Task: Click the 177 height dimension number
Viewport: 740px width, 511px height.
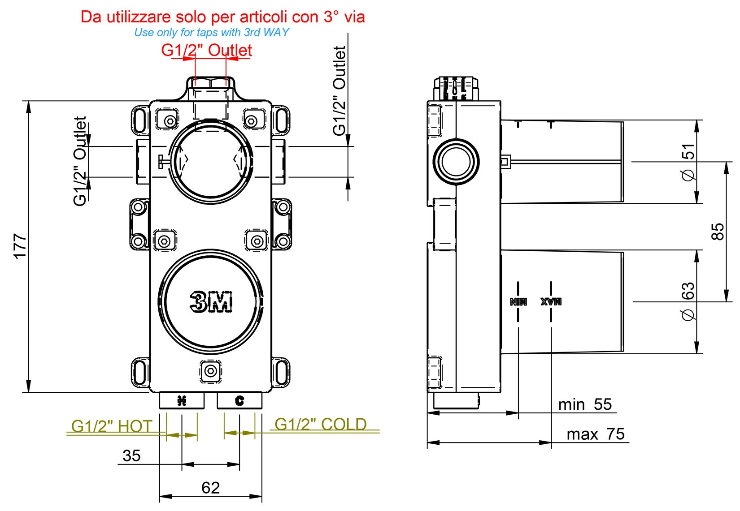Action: click(20, 245)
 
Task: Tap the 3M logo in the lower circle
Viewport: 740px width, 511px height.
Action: click(211, 301)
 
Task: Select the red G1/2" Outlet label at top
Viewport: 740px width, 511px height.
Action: click(206, 50)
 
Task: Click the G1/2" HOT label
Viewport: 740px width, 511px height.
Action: click(112, 425)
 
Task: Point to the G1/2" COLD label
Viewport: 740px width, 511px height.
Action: click(320, 424)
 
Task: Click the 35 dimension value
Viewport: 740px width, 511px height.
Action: click(131, 455)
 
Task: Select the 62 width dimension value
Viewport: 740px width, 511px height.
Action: click(210, 487)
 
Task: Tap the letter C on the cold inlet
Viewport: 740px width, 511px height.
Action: click(239, 400)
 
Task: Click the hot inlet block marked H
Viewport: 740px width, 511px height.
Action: click(182, 400)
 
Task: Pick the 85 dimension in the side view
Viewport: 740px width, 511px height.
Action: click(718, 232)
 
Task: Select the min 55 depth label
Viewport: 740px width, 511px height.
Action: click(585, 404)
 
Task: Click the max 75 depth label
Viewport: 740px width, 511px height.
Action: click(595, 434)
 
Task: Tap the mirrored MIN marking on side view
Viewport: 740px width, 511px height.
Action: click(518, 301)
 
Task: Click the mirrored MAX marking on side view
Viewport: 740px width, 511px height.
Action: click(551, 301)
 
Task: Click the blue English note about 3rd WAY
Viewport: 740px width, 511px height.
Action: click(211, 32)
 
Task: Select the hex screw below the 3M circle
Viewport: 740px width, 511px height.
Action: click(210, 371)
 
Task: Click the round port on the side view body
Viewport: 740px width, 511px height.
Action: click(456, 162)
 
